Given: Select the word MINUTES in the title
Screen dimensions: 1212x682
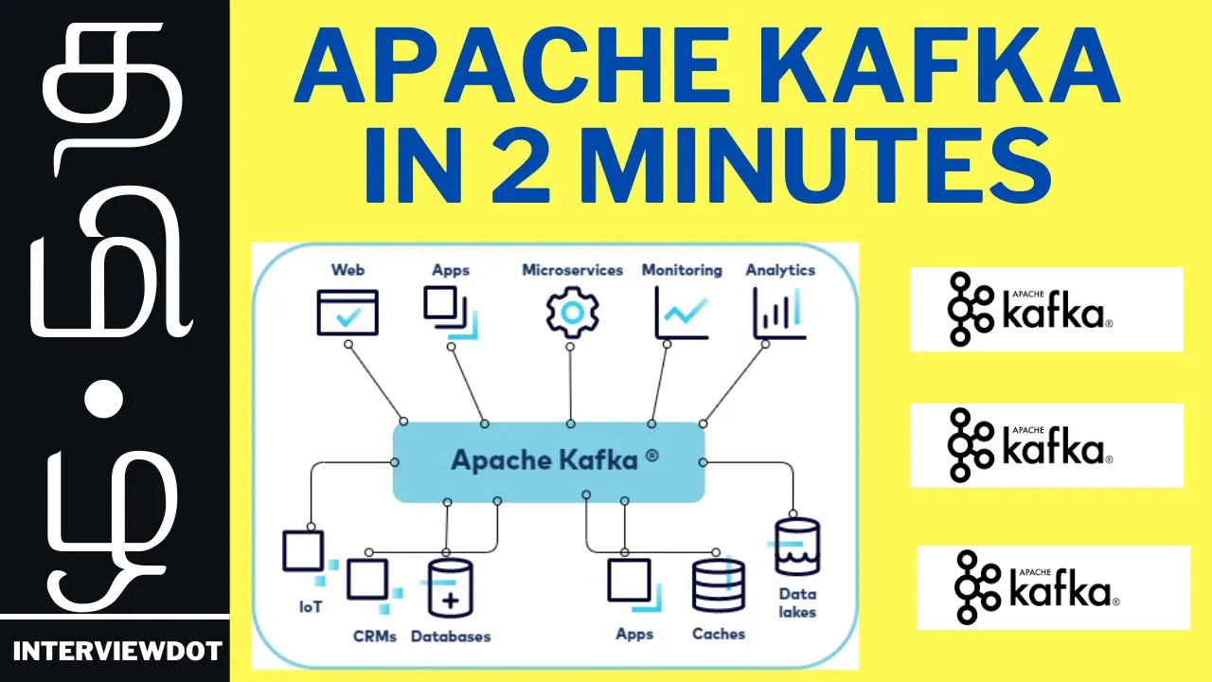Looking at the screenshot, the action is coord(816,165).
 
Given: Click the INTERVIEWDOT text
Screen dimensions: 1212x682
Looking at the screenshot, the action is coord(117,651).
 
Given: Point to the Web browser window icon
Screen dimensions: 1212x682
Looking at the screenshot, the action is coord(348,313).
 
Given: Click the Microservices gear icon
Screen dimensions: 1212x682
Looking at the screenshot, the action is coord(573,313).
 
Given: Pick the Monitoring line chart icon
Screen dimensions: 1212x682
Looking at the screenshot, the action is coord(681,313).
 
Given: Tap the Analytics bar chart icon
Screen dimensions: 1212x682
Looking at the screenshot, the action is coord(779,313).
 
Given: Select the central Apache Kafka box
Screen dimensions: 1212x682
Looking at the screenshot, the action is coord(548,461).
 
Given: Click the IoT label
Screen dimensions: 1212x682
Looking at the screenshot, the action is coord(311,607).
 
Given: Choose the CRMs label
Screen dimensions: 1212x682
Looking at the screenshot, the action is coord(374,636).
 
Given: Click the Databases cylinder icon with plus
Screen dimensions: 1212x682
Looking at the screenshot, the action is coord(450,588).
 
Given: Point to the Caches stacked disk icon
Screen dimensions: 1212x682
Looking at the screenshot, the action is coord(719,585).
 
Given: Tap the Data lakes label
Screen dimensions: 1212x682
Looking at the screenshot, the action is coord(797,603).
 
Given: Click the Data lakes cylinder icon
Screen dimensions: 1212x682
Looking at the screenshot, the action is coord(797,547).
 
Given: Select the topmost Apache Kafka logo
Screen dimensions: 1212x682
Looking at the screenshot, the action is coord(1046,309).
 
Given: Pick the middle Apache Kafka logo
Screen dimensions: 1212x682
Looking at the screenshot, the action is coord(1046,445).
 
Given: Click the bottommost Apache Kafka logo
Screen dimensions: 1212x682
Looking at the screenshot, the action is coord(1054,588).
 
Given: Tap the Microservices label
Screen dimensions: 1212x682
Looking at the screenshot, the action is coord(573,270).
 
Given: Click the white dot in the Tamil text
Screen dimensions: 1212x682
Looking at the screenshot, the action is coord(104,399).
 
